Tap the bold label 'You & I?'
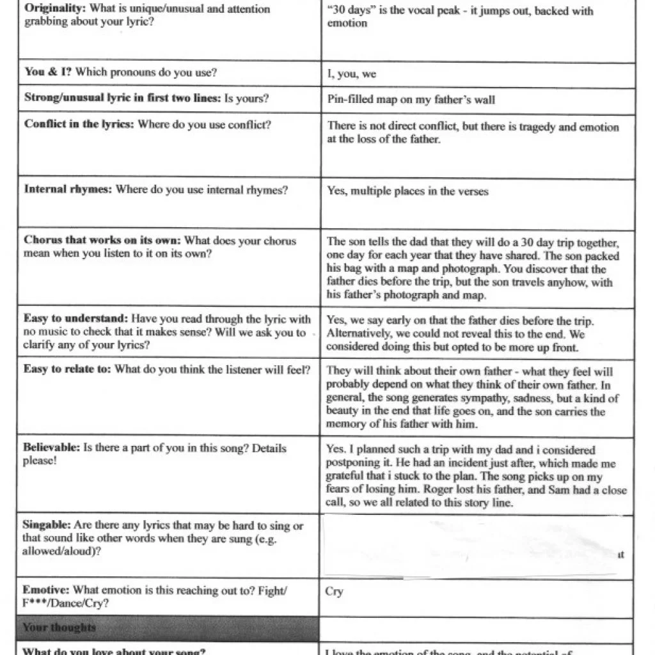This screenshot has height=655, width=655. pyautogui.click(x=47, y=72)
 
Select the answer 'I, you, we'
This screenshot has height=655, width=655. pyautogui.click(x=351, y=74)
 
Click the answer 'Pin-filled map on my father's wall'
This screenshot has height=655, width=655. pyautogui.click(x=411, y=99)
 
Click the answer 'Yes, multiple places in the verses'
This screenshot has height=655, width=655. pyautogui.click(x=407, y=191)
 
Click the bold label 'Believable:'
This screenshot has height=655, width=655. pyautogui.click(x=52, y=448)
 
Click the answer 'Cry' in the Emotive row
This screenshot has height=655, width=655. pyautogui.click(x=334, y=591)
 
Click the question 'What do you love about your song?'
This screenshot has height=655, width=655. pyautogui.click(x=114, y=651)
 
